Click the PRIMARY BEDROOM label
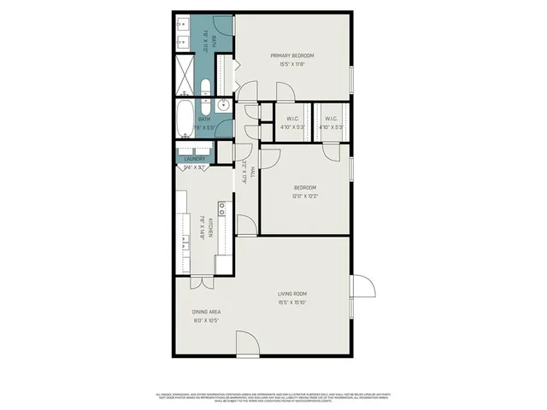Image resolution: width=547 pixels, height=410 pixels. [x=293, y=56]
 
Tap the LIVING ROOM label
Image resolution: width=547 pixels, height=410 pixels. [x=291, y=293]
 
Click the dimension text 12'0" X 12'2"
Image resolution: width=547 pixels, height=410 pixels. [x=305, y=196]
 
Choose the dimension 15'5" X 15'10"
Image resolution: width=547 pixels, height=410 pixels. [x=291, y=302]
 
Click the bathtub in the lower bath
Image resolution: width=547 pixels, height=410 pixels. [x=185, y=120]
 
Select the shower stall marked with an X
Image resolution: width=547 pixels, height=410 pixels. [x=185, y=70]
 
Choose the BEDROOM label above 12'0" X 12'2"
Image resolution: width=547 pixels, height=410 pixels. [x=305, y=187]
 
